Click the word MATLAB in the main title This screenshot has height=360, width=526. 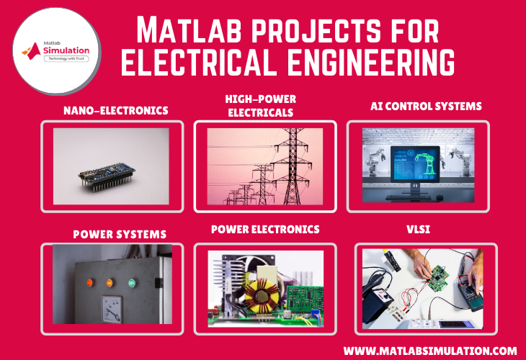pyautogui.click(x=182, y=30)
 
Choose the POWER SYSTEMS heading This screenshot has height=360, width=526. pyautogui.click(x=120, y=235)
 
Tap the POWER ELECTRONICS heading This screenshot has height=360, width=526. pyautogui.click(x=265, y=230)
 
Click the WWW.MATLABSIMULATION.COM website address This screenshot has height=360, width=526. pyautogui.click(x=430, y=351)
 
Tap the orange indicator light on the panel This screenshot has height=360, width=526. pyautogui.click(x=87, y=283)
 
